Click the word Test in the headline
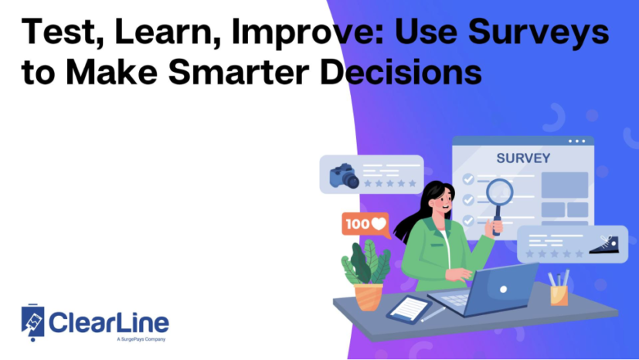[x=55, y=35]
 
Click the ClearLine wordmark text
[x=108, y=321]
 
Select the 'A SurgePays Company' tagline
[x=140, y=339]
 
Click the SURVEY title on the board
[x=523, y=158]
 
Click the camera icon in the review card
[x=343, y=175]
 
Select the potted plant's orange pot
[x=368, y=296]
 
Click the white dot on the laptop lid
[x=503, y=289]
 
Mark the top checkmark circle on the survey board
[x=468, y=179]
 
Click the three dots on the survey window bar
[x=577, y=141]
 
